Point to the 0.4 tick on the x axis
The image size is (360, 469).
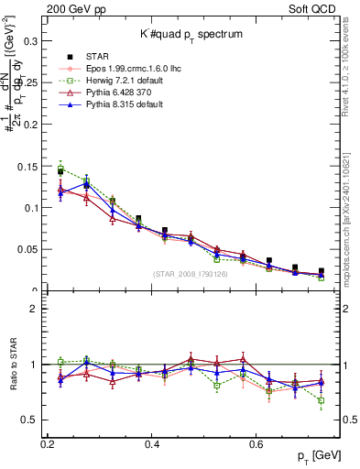[x=153, y=443]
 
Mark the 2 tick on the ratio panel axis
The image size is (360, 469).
[x=38, y=309]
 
